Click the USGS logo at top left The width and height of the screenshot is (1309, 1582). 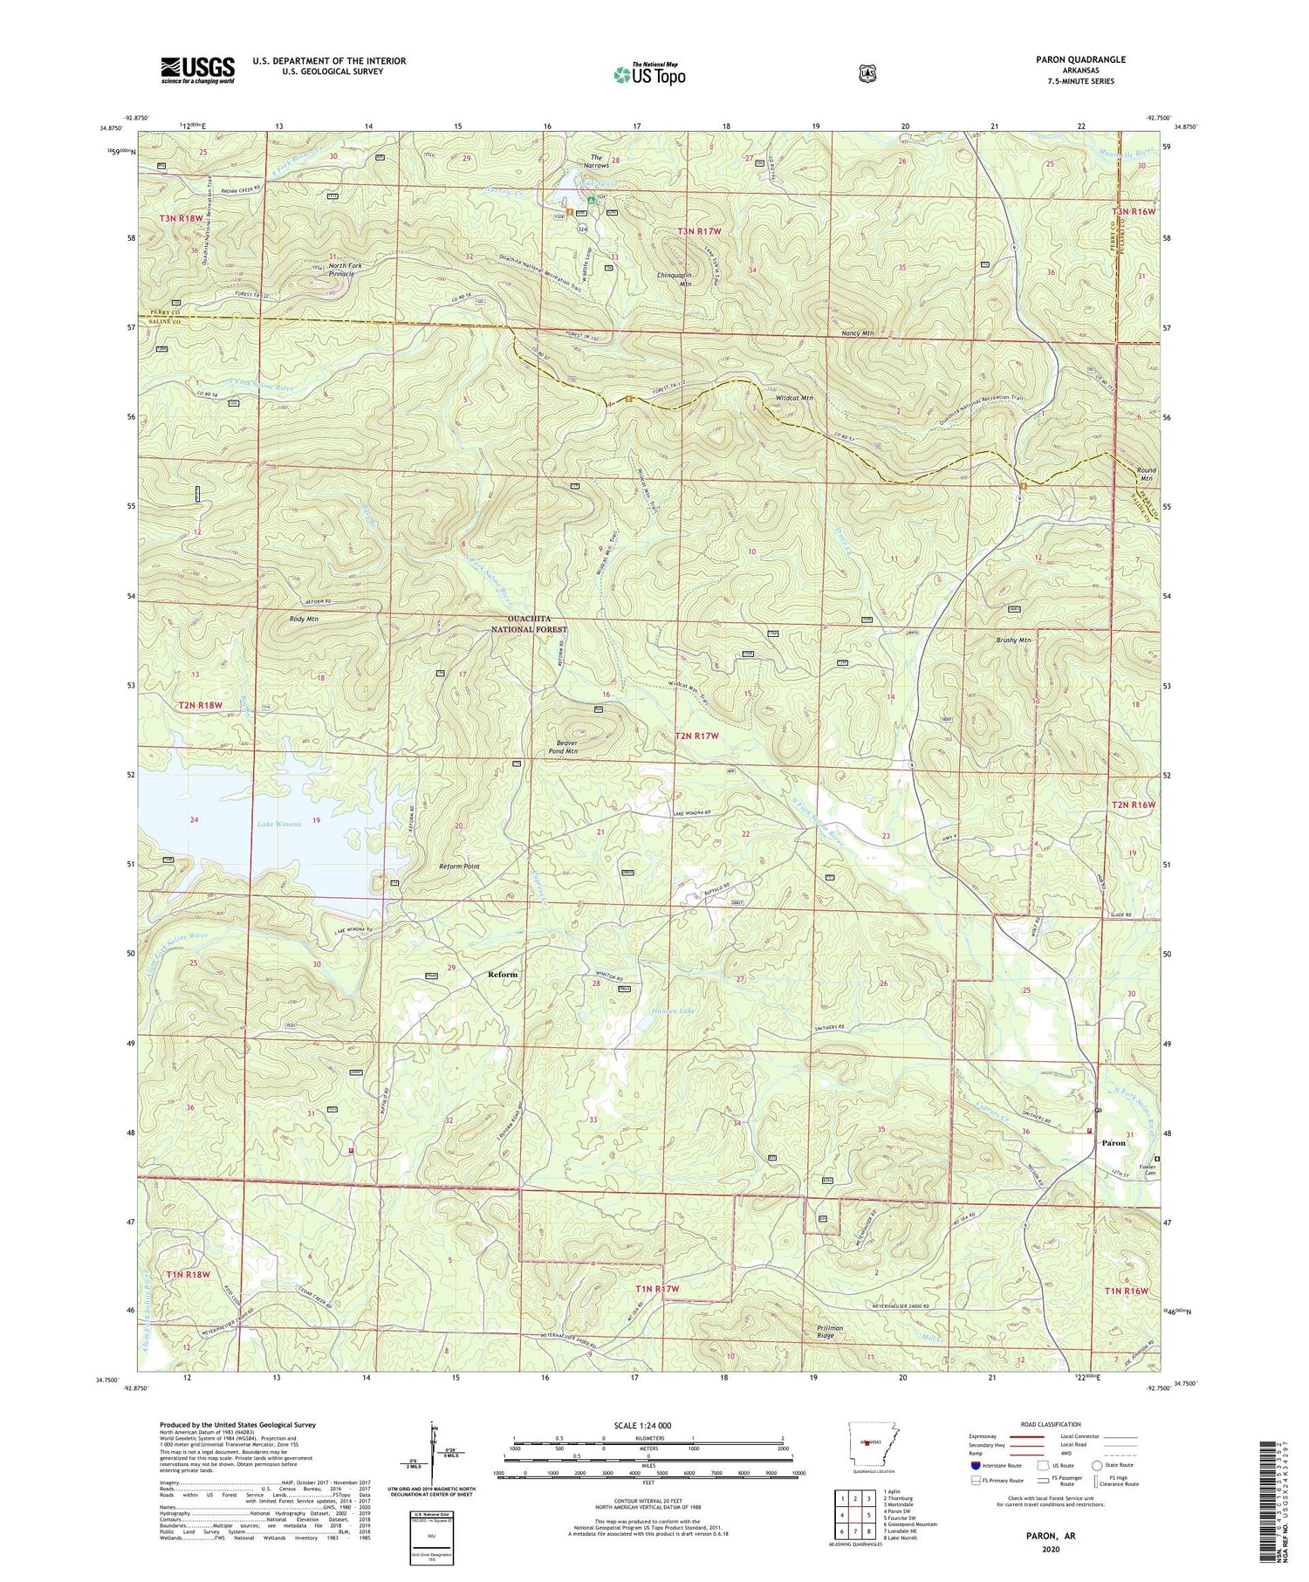[x=197, y=70]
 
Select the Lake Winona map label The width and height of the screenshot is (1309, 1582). [x=279, y=823]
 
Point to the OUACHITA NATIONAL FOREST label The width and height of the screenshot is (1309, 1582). [x=529, y=624]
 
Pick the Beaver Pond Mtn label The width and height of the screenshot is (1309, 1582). [x=563, y=747]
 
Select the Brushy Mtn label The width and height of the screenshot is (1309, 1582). [x=1013, y=640]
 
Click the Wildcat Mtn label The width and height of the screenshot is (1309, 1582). [x=793, y=398]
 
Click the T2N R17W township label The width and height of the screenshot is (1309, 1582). [x=696, y=736]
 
